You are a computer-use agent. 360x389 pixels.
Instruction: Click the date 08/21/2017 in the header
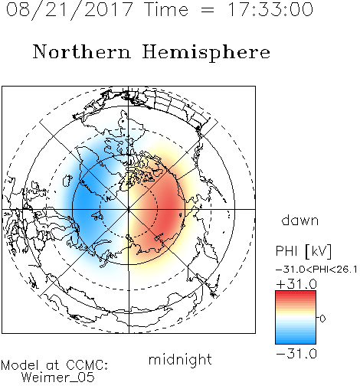[70, 10]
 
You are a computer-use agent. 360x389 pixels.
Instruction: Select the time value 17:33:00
[270, 9]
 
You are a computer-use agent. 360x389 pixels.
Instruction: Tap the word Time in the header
[166, 9]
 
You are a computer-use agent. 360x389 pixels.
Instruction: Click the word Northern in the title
[82, 51]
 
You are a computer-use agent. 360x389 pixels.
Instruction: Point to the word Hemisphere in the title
[206, 53]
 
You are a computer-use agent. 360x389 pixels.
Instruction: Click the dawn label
[300, 220]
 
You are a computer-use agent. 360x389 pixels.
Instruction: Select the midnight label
[180, 359]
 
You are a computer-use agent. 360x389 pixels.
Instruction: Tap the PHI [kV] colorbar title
[303, 251]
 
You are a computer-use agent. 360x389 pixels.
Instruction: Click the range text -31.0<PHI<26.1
[316, 270]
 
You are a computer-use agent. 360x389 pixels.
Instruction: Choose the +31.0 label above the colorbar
[296, 284]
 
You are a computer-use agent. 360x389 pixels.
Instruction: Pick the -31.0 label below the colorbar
[296, 354]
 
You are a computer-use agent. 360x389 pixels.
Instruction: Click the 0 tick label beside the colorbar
[322, 319]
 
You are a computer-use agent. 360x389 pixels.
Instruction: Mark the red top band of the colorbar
[296, 294]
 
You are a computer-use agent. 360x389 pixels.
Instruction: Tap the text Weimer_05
[58, 377]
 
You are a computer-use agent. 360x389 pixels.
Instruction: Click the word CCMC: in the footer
[87, 365]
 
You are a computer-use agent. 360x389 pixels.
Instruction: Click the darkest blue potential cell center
[82, 201]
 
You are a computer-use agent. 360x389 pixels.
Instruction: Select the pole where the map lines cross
[129, 210]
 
